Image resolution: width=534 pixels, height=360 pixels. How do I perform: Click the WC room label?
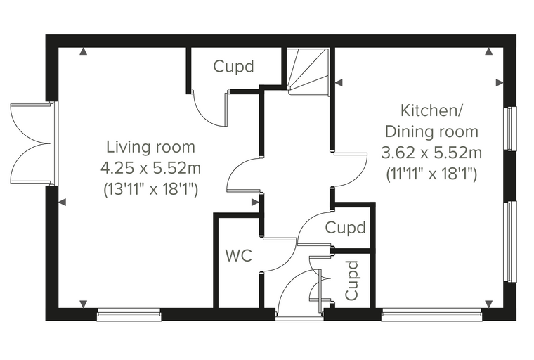point(239,255)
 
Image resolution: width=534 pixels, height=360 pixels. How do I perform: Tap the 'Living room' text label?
point(151,147)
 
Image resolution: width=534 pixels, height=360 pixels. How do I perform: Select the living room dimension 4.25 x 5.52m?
point(150,168)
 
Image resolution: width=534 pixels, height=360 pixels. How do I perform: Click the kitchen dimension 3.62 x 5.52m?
point(431,153)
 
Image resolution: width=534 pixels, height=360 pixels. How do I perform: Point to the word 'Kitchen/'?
point(431,110)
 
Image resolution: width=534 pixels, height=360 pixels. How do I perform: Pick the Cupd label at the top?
point(233,66)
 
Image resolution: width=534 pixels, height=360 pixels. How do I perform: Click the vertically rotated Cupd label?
point(352,281)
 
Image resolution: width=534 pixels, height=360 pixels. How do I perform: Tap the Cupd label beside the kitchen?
point(345,227)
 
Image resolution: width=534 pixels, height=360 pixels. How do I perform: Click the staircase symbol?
point(308,72)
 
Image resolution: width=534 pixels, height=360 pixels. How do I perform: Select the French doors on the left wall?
point(33,143)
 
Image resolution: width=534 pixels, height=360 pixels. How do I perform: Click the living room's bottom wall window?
point(129,315)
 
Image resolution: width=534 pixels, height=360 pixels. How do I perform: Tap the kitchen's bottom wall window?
point(431,315)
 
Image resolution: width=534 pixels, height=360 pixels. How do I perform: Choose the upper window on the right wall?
point(510,129)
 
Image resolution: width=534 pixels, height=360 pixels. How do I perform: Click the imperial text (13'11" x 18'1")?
point(150,189)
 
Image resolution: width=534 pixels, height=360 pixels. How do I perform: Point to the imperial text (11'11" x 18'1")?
point(431,174)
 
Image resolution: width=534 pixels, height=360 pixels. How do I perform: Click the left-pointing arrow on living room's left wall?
point(62,202)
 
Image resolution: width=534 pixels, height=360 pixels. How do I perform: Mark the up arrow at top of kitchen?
point(489,51)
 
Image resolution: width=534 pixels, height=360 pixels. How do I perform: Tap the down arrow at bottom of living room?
point(84,304)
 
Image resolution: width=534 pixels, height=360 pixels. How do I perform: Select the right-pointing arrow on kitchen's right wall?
point(500,82)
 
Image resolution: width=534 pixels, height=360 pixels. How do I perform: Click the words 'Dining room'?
point(431,131)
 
